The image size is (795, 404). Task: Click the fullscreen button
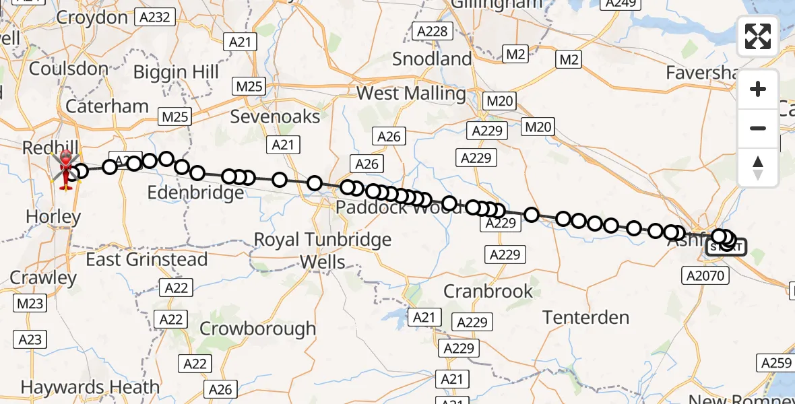[758, 36]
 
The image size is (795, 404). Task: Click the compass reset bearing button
[758, 166]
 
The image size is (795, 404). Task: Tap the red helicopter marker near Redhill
[67, 165]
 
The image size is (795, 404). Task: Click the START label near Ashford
[726, 248]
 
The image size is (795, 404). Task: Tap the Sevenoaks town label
[275, 116]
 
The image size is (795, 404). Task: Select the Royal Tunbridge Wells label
[322, 250]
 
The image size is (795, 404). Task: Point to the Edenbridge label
[196, 193]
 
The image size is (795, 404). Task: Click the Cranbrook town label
[488, 292]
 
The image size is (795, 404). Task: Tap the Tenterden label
[586, 317]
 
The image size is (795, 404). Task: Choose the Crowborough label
[258, 329]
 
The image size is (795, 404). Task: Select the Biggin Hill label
[177, 72]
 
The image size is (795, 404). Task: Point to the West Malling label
[411, 93]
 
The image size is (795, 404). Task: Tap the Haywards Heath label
[90, 387]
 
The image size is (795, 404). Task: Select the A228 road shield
[432, 32]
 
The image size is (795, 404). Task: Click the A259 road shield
[775, 363]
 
